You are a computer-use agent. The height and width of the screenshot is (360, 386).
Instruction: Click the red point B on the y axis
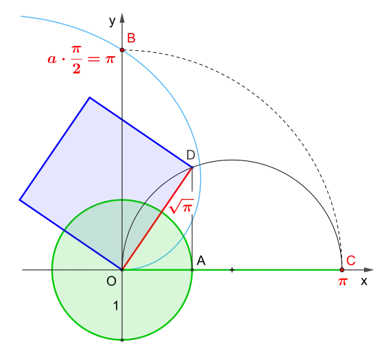click(122, 50)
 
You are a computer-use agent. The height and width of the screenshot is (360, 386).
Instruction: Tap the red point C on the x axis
click(341, 270)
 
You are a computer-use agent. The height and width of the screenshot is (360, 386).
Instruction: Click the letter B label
click(131, 38)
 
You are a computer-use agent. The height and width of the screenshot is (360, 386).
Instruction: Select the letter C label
click(351, 261)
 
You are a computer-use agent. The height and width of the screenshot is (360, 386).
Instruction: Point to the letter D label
click(191, 155)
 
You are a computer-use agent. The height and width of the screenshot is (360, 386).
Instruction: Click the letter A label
click(201, 261)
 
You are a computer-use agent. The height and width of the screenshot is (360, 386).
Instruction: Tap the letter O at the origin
click(111, 281)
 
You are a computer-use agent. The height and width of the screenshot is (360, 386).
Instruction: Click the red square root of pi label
click(182, 206)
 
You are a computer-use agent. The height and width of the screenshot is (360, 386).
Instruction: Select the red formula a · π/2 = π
click(81, 60)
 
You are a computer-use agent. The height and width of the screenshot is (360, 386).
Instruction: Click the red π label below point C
click(342, 281)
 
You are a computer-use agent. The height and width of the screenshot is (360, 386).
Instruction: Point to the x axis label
click(364, 281)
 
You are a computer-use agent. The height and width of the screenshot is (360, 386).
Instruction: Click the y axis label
click(112, 21)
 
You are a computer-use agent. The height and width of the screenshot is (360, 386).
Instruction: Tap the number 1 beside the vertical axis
click(116, 306)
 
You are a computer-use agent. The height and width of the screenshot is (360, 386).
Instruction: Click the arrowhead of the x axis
click(369, 270)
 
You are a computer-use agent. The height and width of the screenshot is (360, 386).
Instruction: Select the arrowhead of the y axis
click(122, 18)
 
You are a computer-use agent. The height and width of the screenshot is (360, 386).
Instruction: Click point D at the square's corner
click(192, 167)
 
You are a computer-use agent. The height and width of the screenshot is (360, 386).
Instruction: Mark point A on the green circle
click(192, 270)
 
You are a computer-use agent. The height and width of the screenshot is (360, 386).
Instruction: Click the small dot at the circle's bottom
click(122, 340)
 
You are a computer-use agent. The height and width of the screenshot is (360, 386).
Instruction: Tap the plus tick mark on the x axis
click(232, 270)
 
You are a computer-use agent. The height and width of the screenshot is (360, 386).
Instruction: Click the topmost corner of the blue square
click(90, 98)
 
